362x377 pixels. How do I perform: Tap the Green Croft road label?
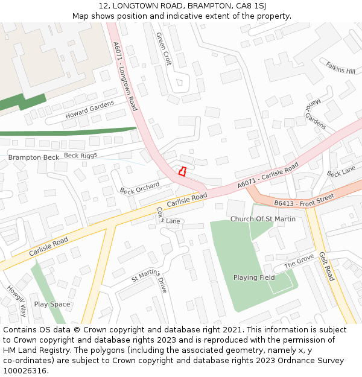(164, 49)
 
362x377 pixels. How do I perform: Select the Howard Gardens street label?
(89, 110)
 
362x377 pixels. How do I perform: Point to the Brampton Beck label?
(34, 157)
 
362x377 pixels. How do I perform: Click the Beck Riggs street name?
(80, 155)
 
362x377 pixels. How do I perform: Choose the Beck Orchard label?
(139, 188)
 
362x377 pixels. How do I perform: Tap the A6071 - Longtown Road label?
(125, 76)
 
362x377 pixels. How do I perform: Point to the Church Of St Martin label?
(263, 219)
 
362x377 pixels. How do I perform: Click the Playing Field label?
(254, 277)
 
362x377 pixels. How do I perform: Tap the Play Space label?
(52, 304)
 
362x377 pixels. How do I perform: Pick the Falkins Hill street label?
(340, 68)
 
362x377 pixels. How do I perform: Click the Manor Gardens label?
(316, 113)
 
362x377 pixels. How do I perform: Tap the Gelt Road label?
(326, 266)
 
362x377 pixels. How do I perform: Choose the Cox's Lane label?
(168, 217)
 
